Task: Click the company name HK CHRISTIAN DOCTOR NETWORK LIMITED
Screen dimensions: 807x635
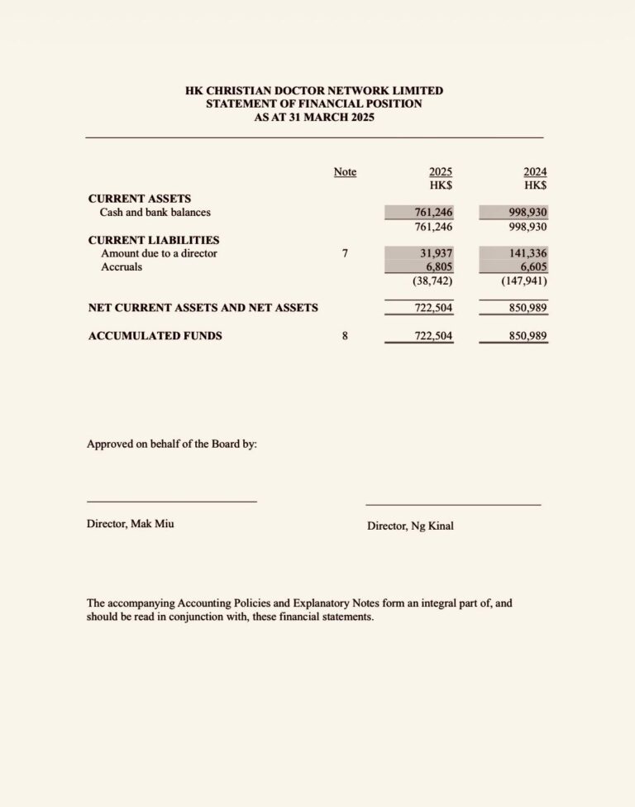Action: tap(314, 91)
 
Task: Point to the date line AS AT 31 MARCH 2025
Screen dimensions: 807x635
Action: tap(314, 118)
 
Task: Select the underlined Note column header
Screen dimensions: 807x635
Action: tap(345, 172)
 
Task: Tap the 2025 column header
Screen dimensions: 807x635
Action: tap(440, 172)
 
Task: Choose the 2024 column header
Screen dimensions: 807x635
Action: tap(534, 172)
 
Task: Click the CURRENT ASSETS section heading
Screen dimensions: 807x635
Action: tap(140, 199)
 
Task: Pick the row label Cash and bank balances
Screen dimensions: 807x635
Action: tap(155, 213)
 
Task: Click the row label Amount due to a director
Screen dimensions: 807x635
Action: tap(159, 253)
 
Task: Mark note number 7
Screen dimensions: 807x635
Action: tap(345, 253)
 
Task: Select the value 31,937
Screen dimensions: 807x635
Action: tap(436, 253)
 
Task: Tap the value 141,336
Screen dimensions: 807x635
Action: tap(529, 253)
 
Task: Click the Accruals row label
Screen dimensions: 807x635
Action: tap(122, 267)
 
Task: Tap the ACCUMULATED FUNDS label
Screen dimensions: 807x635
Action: tap(155, 336)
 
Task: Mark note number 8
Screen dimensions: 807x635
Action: tap(345, 336)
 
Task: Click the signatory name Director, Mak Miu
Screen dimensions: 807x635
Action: tap(131, 524)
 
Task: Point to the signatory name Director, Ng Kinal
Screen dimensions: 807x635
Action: tap(410, 526)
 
